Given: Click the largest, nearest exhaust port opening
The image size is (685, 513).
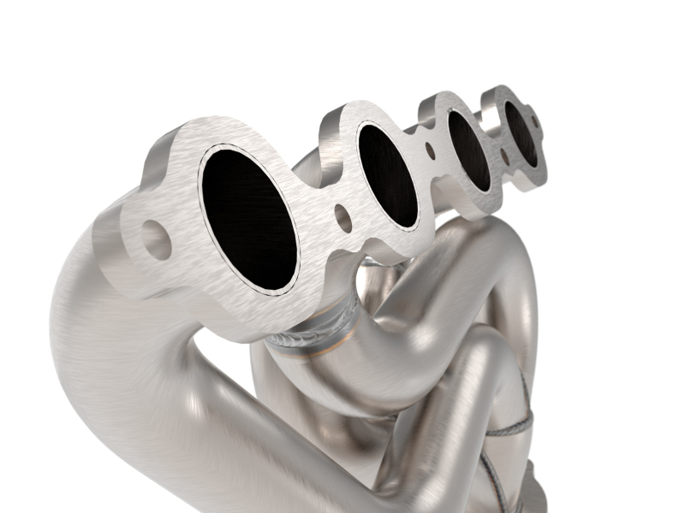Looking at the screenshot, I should [248, 218].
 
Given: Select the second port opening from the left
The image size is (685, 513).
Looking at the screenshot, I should [388, 175].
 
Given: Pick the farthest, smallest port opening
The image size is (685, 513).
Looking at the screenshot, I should [520, 133].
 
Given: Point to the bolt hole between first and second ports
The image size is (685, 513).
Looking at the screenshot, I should [342, 218].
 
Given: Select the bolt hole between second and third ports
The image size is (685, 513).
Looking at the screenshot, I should [429, 153].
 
